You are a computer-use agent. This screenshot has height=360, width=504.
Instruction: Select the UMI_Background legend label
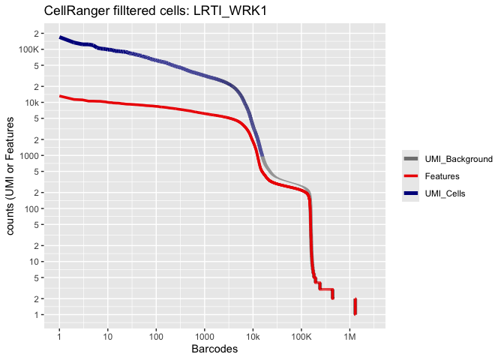[459, 159]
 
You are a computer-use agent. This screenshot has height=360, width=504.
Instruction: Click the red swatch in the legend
[411, 176]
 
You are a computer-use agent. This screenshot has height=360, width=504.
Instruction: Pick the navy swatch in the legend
[411, 193]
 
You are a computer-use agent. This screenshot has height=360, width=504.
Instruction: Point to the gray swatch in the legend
[411, 159]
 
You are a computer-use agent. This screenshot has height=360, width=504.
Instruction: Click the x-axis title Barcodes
[214, 349]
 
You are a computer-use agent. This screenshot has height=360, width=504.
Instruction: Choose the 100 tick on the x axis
[156, 335]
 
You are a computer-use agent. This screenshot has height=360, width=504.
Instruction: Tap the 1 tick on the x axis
[59, 335]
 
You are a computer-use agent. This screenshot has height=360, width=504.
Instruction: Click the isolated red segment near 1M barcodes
[355, 306]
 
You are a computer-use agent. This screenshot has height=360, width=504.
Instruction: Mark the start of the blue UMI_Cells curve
[60, 37]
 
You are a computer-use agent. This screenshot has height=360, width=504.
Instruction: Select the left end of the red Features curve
[60, 96]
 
